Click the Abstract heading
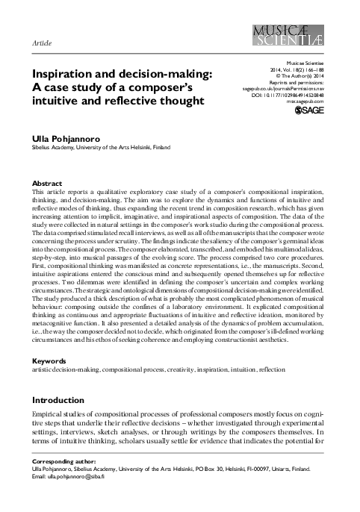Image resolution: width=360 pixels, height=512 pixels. coord(48,183)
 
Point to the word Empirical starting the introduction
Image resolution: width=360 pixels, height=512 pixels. coord(50,413)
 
